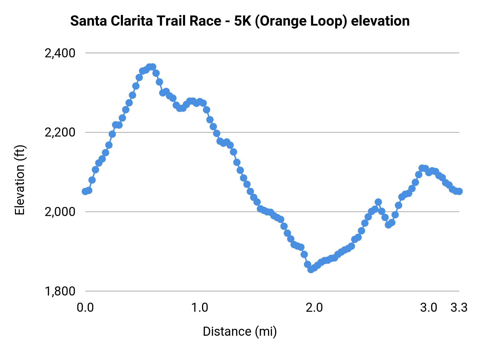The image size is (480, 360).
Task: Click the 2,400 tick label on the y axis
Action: [x=60, y=53]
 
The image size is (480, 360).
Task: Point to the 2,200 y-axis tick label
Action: [x=60, y=133]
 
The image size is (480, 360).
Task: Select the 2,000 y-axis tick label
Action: [x=60, y=212]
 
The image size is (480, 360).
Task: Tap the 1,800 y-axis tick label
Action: [x=60, y=291]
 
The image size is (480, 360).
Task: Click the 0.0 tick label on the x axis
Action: [x=85, y=308]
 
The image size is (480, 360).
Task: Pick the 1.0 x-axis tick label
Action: [x=200, y=308]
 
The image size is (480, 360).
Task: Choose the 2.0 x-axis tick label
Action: [x=314, y=308]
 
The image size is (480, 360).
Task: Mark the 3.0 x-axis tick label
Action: [x=429, y=308]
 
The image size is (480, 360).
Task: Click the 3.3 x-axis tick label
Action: [x=459, y=308]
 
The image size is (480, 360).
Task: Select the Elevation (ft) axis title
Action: [x=20, y=180]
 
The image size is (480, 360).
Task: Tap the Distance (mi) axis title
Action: [x=240, y=331]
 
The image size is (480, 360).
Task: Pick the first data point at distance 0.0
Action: [x=85, y=191]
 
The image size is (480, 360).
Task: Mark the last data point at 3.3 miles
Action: [x=459, y=191]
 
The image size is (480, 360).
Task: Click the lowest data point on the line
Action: [x=311, y=269]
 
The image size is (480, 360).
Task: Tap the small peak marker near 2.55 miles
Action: [x=378, y=202]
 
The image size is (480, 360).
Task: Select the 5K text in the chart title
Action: [x=242, y=21]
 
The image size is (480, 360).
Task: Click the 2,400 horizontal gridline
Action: [x=267, y=53]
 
